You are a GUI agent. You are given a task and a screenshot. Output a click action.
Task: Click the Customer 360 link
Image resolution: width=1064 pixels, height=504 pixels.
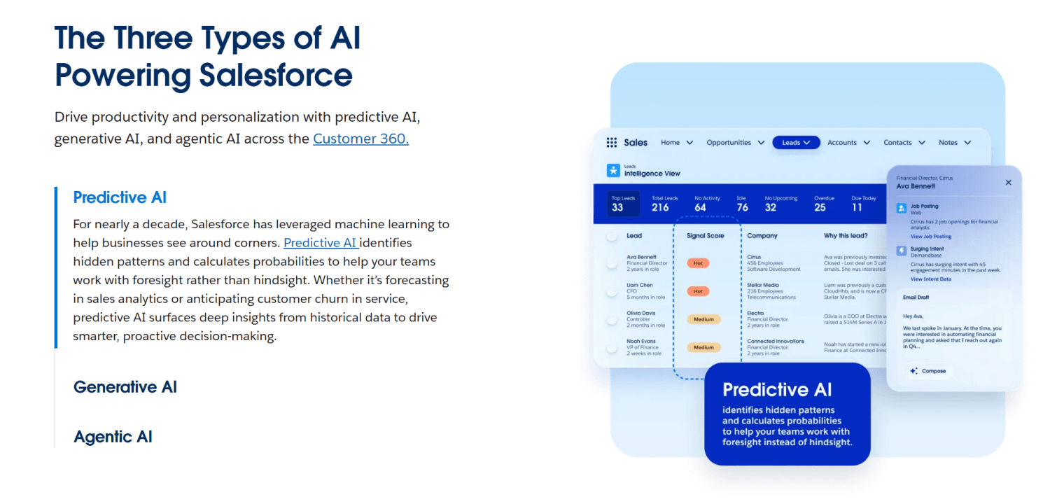(360, 139)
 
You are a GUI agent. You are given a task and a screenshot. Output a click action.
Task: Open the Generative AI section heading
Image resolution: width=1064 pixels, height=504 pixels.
(125, 386)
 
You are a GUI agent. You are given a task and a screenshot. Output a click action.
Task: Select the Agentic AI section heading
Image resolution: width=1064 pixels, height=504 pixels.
(113, 437)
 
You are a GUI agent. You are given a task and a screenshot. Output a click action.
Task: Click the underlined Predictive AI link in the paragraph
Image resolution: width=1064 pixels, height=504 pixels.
(321, 243)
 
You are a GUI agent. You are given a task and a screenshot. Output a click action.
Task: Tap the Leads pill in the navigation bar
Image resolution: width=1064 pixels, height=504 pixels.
(796, 142)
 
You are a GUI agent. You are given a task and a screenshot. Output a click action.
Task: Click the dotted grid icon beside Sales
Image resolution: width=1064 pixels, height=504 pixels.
(612, 142)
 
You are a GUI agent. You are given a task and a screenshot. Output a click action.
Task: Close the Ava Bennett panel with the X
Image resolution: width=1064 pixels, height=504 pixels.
(1008, 182)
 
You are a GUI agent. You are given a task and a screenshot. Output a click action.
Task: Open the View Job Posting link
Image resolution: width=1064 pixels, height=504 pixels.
(930, 237)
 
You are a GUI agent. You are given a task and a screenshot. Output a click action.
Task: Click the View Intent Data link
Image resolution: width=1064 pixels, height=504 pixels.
(930, 279)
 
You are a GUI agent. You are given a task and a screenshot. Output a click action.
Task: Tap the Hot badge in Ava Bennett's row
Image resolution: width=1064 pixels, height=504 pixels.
(698, 263)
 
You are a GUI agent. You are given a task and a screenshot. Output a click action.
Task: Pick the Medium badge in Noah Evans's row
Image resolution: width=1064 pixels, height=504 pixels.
(703, 347)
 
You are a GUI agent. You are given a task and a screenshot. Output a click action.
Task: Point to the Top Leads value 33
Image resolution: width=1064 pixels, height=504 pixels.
(617, 207)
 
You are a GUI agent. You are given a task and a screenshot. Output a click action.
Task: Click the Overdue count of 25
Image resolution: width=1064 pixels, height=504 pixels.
(820, 207)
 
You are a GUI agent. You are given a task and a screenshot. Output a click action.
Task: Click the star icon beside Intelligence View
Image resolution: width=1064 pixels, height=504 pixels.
(613, 170)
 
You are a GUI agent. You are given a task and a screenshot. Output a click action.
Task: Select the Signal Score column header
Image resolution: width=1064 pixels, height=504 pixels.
(705, 236)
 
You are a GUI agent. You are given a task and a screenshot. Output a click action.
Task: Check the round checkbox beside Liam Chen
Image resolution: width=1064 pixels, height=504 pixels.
(612, 291)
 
